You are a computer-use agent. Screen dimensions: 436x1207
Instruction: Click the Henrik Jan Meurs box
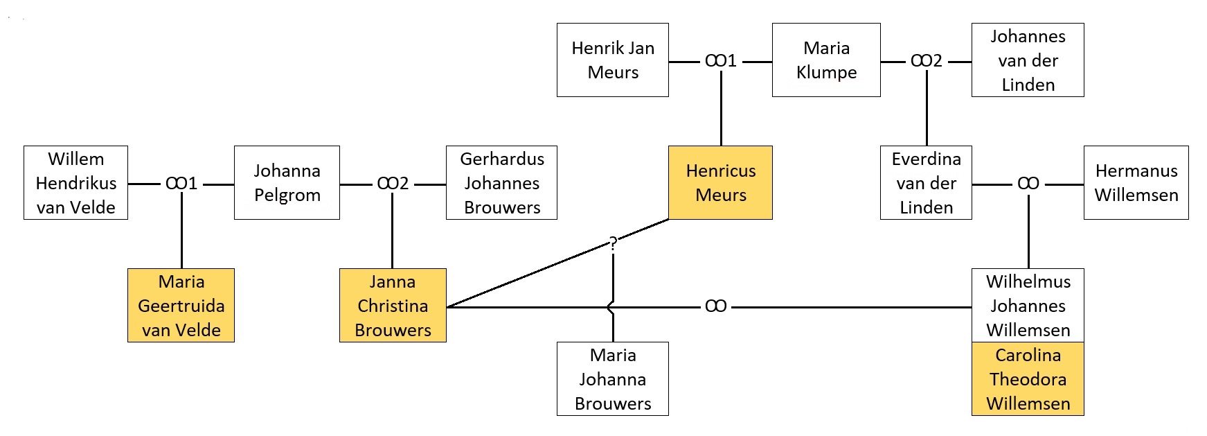(x=613, y=60)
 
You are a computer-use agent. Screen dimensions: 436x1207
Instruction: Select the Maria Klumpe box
(x=826, y=60)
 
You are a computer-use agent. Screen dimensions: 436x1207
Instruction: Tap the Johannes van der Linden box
(x=1028, y=60)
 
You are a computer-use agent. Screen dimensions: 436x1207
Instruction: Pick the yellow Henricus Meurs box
(x=720, y=183)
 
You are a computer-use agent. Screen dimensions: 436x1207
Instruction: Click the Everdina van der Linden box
(x=926, y=183)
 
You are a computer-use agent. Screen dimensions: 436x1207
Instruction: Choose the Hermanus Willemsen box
(x=1136, y=183)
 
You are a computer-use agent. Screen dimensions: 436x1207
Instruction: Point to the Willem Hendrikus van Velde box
(x=75, y=183)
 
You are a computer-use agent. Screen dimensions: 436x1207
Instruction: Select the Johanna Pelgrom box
(x=287, y=183)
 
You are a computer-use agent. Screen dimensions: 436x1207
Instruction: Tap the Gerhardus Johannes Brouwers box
(x=501, y=183)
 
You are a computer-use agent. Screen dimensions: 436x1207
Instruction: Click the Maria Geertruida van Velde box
(x=181, y=306)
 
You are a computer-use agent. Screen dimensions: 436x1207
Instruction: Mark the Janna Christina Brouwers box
(x=393, y=306)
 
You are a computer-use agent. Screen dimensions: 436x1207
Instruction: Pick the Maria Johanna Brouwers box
(x=613, y=379)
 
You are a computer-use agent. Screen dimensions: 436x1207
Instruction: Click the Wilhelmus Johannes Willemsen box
(x=1028, y=306)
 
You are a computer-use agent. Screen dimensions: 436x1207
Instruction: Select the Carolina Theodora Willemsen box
(x=1028, y=379)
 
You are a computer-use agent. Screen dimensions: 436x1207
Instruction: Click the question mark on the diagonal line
(x=613, y=243)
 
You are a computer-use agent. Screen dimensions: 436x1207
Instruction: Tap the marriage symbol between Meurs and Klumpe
(x=720, y=61)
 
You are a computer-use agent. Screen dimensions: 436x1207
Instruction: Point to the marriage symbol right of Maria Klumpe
(x=926, y=61)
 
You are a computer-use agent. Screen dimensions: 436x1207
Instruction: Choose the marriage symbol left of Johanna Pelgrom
(x=181, y=184)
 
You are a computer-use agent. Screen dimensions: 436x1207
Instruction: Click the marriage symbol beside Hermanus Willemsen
(x=1028, y=184)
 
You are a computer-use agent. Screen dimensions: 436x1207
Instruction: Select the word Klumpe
(x=826, y=72)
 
